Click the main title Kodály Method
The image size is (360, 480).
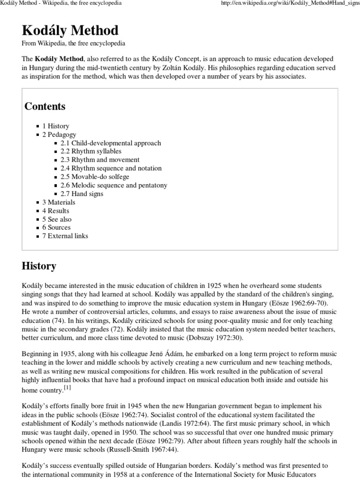pyautogui.click(x=70, y=31)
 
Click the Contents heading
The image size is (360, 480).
pyautogui.click(x=45, y=106)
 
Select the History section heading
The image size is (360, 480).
pyautogui.click(x=39, y=266)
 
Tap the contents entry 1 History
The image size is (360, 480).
pyautogui.click(x=56, y=126)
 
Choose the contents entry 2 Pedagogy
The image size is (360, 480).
pyautogui.click(x=59, y=135)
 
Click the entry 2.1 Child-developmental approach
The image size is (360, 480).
pyautogui.click(x=111, y=143)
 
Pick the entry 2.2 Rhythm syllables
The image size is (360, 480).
pyautogui.click(x=91, y=151)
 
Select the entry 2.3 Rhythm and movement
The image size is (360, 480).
pyautogui.click(x=97, y=160)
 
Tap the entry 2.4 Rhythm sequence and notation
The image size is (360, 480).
pyautogui.click(x=111, y=168)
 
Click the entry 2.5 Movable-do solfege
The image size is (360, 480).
pyautogui.click(x=95, y=177)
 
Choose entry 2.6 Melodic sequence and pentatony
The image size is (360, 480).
pyautogui.click(x=114, y=185)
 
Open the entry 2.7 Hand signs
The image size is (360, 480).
pyautogui.click(x=82, y=194)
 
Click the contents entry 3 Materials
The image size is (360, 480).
pyautogui.click(x=59, y=202)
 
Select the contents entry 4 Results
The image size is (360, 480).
pyautogui.click(x=56, y=210)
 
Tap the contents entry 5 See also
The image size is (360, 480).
pyautogui.click(x=57, y=219)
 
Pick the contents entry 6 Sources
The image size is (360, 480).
pyautogui.click(x=56, y=227)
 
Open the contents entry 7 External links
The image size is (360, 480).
pyautogui.click(x=65, y=236)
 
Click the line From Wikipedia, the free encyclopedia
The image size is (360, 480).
pyautogui.click(x=74, y=44)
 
